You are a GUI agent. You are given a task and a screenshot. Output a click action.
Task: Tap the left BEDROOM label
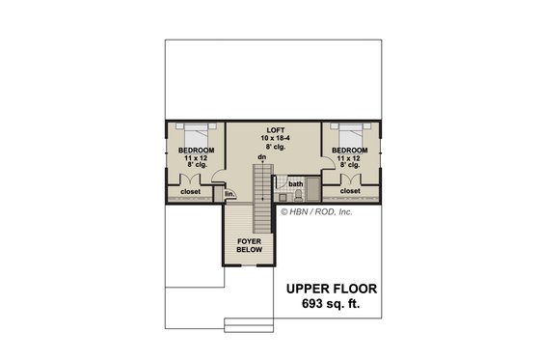[x=196, y=151]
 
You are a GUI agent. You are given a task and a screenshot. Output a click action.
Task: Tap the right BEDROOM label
[x=349, y=151]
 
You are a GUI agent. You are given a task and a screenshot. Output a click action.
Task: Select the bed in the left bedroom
[x=196, y=133]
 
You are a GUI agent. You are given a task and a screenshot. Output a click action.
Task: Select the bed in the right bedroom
[x=349, y=133]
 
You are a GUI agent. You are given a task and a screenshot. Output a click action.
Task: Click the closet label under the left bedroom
[x=190, y=191]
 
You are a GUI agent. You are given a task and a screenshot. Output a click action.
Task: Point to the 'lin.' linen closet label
[x=229, y=194]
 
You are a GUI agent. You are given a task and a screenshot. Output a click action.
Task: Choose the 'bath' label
[x=295, y=183]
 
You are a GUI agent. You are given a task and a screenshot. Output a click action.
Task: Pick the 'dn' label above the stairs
[x=261, y=156]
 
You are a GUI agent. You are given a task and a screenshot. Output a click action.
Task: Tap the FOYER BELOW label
[x=250, y=247]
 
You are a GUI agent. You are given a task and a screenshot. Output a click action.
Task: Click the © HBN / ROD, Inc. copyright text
[x=315, y=209]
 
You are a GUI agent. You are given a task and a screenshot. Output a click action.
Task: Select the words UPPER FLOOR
[x=331, y=289]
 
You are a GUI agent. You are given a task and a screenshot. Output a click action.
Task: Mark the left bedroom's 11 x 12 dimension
[x=196, y=158]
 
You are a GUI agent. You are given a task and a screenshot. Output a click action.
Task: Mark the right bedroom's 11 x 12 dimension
[x=349, y=158]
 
